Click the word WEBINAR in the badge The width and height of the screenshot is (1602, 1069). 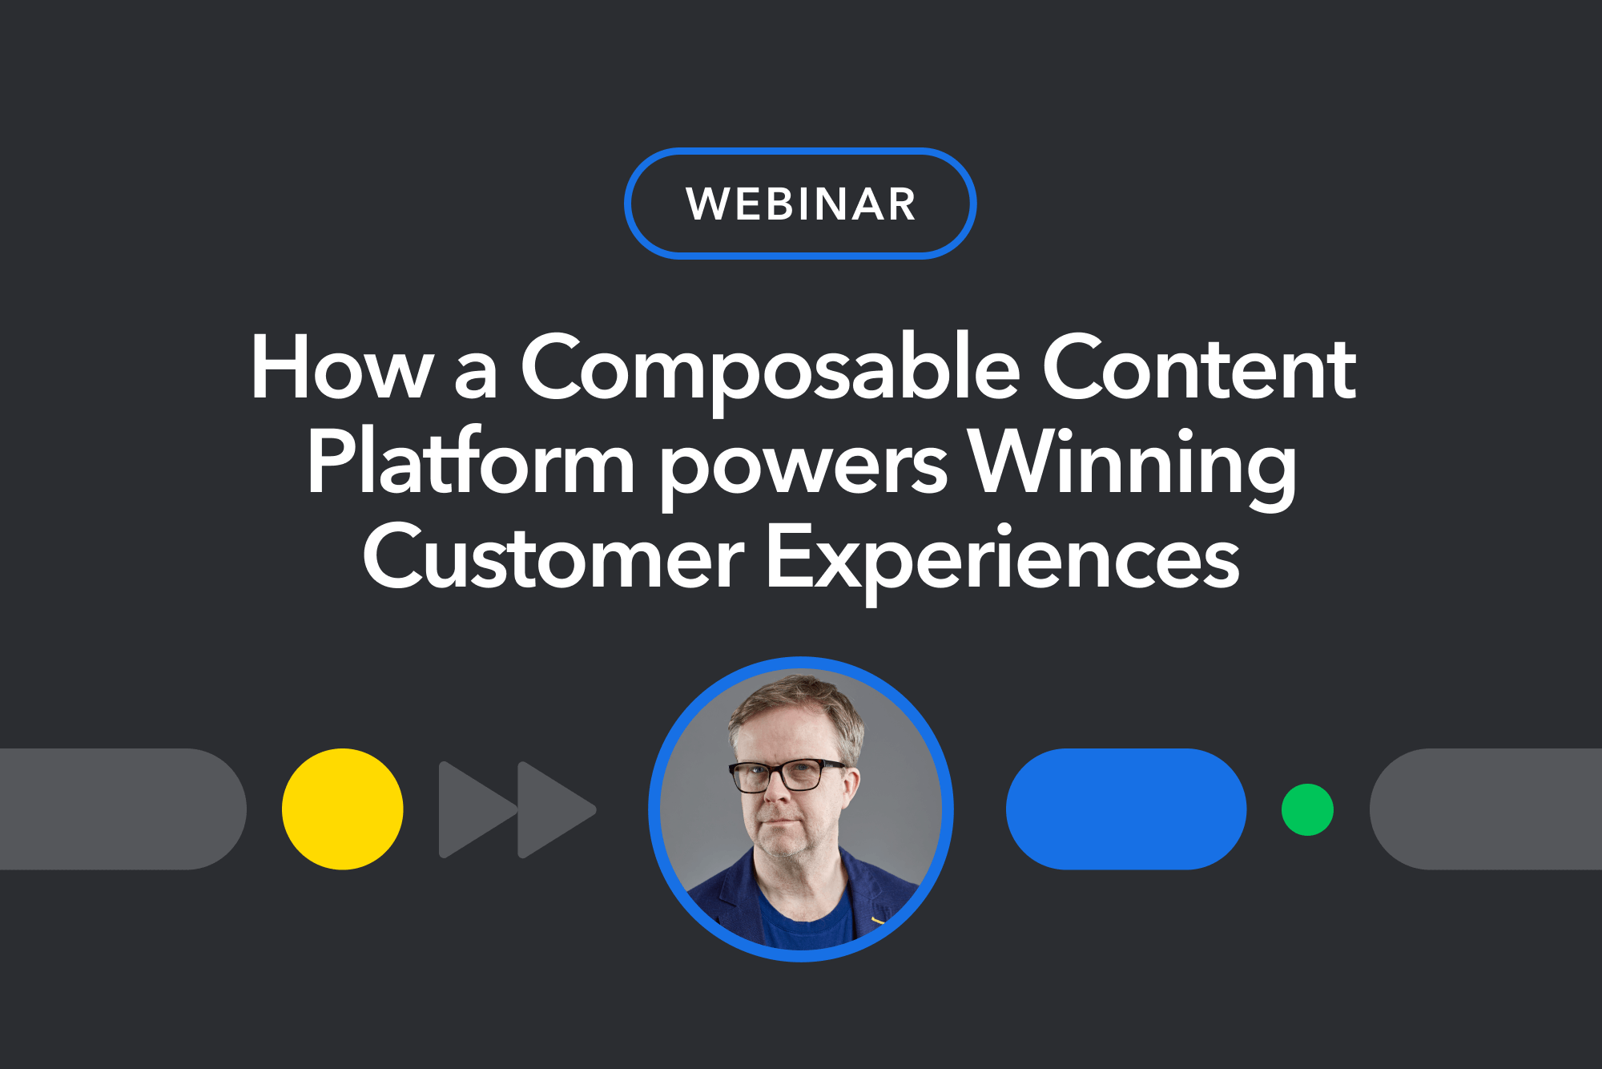tap(800, 204)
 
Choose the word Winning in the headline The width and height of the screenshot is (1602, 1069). tap(1132, 468)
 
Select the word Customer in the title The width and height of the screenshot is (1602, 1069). tap(553, 555)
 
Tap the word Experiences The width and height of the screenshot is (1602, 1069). tap(1003, 562)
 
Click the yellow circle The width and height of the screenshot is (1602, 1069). tap(342, 809)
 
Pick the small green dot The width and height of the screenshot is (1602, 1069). tap(1307, 809)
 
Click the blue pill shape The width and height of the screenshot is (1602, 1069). tap(1126, 809)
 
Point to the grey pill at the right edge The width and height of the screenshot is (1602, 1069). tap(1486, 809)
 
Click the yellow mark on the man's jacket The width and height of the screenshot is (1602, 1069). tap(878, 920)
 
